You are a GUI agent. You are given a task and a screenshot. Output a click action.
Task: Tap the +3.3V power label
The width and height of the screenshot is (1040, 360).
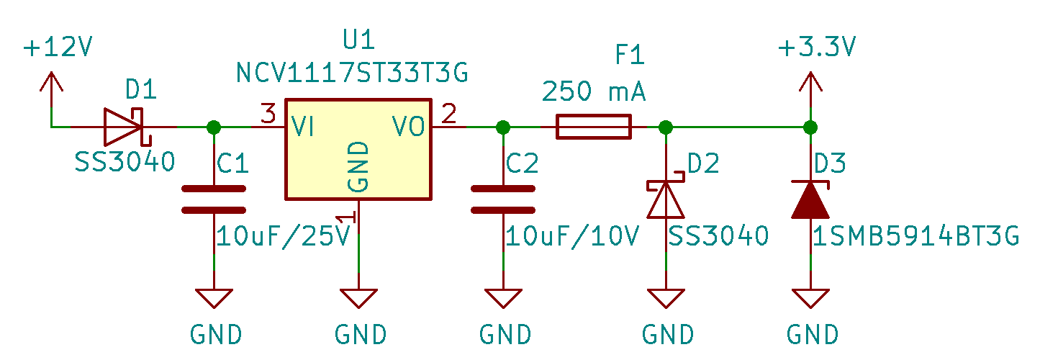(818, 48)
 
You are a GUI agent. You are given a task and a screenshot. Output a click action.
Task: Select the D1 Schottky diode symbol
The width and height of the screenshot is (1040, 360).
(124, 127)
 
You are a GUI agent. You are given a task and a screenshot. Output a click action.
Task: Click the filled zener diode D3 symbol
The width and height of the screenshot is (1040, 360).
(810, 200)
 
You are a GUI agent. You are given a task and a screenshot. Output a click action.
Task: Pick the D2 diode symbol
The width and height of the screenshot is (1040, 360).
(666, 199)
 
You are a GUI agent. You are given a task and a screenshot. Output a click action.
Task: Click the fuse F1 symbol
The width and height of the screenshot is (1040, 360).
(593, 127)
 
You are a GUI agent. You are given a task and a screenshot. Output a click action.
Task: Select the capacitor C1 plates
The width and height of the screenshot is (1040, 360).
(214, 199)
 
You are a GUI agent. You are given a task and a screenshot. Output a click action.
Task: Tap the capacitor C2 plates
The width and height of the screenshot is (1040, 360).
(503, 199)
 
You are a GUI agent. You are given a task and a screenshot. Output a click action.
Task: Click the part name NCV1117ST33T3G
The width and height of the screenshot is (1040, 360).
(352, 73)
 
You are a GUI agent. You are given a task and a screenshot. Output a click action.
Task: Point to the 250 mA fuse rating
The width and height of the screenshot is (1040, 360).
(594, 92)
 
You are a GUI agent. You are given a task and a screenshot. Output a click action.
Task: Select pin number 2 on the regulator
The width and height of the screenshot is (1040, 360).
(448, 114)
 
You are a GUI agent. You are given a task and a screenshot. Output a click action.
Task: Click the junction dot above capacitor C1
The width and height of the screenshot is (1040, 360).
(214, 127)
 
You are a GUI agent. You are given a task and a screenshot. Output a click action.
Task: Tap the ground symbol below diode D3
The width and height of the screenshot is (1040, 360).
(810, 299)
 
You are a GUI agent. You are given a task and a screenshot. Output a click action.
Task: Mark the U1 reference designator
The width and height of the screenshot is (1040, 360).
(359, 42)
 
